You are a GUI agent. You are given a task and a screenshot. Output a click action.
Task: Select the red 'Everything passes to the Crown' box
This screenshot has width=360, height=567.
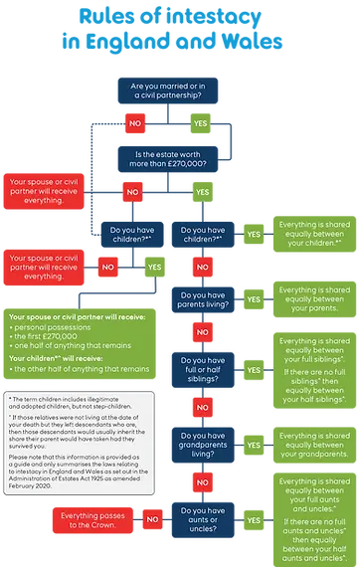90,518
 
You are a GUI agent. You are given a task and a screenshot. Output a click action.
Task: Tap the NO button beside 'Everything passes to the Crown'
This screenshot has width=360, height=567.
153,518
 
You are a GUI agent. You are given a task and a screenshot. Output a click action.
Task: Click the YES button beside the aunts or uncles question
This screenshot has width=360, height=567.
254,518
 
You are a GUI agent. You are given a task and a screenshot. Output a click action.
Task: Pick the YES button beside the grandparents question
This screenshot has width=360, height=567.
254,441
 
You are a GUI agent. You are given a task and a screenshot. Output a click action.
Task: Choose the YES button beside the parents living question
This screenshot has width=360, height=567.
254,298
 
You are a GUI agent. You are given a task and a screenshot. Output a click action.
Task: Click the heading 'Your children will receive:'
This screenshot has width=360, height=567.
50,357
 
